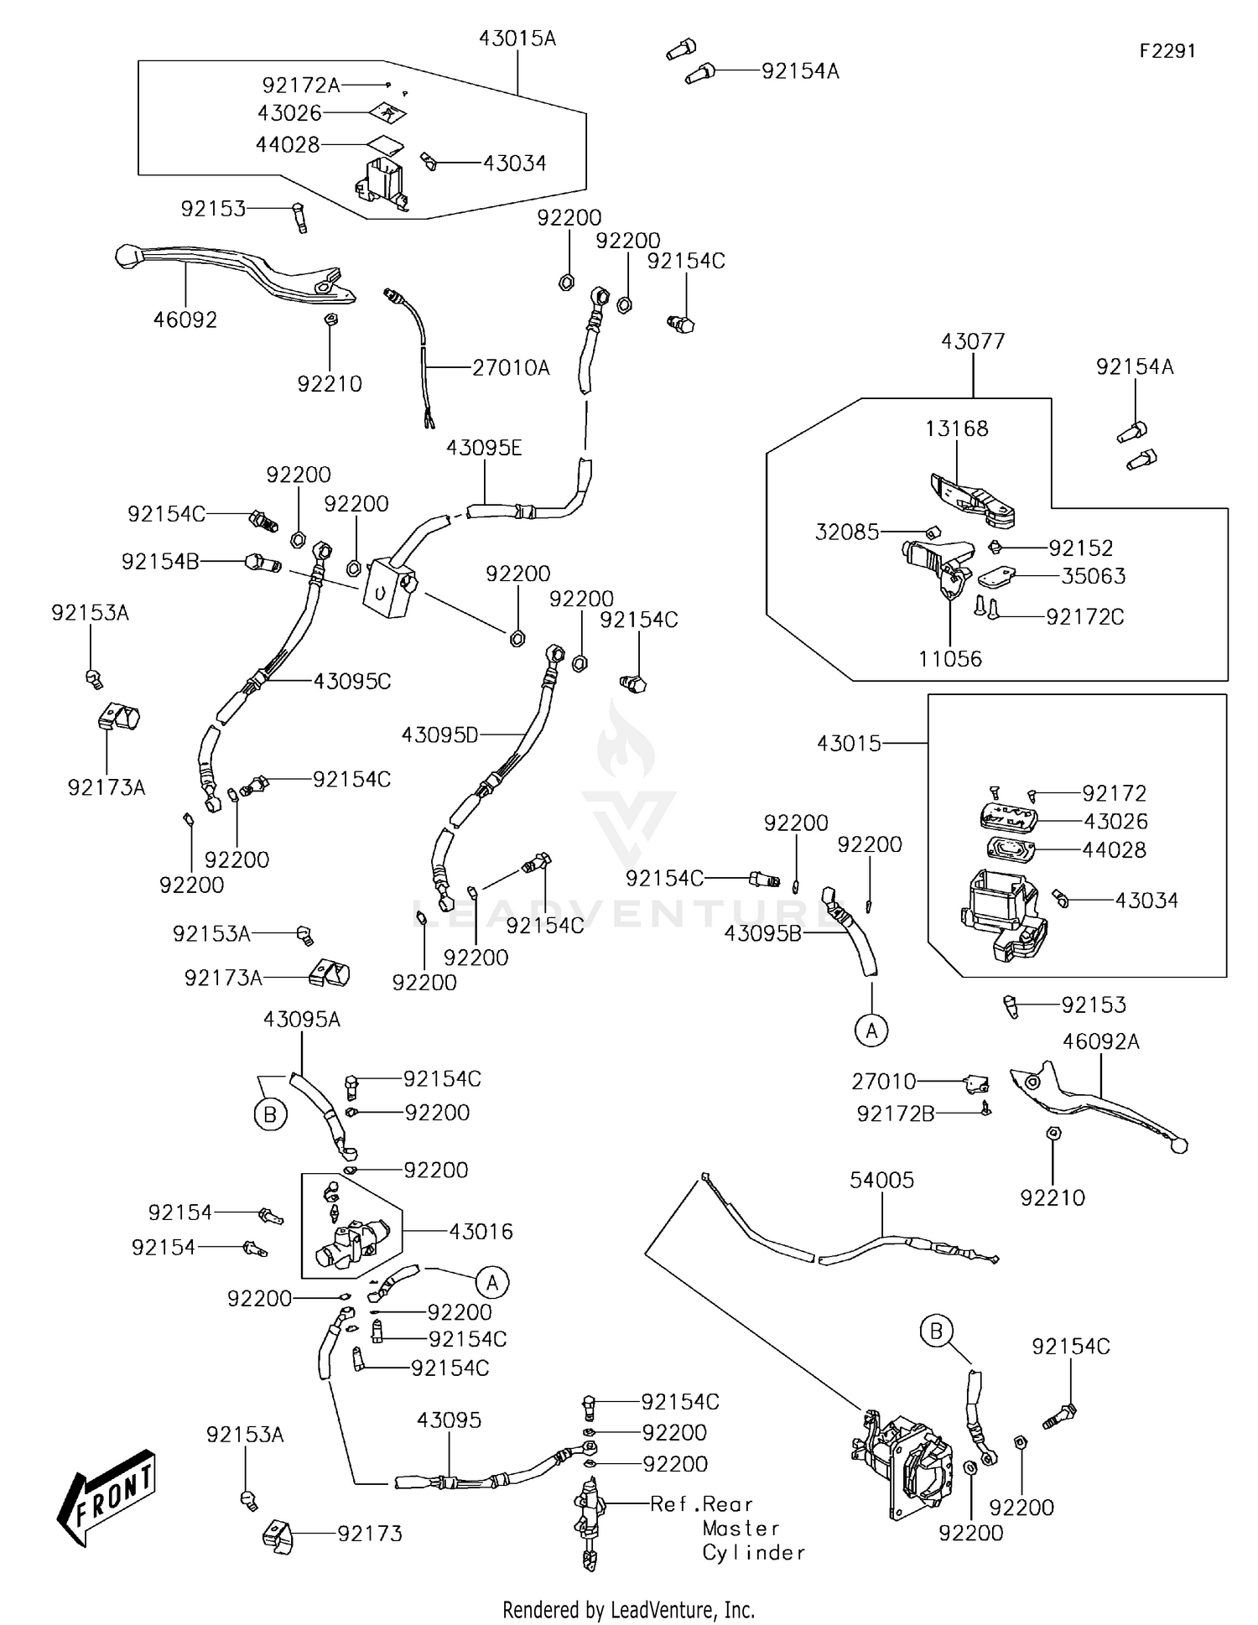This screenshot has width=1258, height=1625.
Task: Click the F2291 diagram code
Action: coord(1167,51)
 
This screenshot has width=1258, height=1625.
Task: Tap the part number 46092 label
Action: coord(185,319)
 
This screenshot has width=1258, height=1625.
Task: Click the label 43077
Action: coord(972,341)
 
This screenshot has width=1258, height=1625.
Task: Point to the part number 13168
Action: coord(956,428)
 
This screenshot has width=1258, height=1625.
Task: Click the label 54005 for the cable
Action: coord(881,1180)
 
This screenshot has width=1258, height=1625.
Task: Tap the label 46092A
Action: coord(1100,1041)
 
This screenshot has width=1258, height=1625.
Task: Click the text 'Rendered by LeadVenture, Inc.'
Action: coord(628,1609)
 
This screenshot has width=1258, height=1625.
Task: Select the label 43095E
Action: coord(483,448)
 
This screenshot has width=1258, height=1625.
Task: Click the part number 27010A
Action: coord(511,367)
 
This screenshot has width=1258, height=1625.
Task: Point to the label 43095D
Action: coord(439,735)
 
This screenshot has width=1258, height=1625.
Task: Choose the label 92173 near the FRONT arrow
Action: coord(370,1533)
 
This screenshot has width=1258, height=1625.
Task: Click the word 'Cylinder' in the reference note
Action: coord(753,1552)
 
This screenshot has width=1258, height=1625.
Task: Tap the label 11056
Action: coord(949,658)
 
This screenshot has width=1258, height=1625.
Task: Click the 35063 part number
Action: coord(1093,576)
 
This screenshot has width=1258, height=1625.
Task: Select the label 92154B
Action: coord(160,561)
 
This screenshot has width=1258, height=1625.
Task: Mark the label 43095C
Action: coord(352,681)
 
